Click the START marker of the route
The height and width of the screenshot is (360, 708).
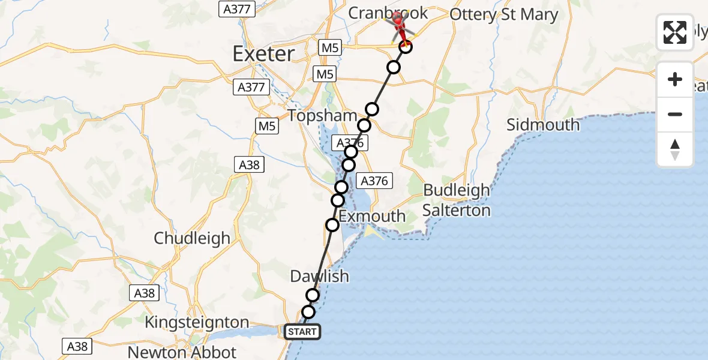[x=302, y=332]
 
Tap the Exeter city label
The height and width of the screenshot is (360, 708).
[x=263, y=54]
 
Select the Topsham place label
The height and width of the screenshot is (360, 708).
[x=315, y=115]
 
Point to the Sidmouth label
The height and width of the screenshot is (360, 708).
[x=543, y=125]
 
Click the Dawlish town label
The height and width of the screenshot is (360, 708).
[x=319, y=277]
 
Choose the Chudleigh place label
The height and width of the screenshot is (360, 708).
[x=192, y=238]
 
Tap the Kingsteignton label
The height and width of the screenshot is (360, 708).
[x=197, y=322]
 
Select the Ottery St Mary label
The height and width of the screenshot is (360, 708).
[x=503, y=14]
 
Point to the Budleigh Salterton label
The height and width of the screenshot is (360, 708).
[x=457, y=200]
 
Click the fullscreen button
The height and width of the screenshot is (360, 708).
[x=675, y=32]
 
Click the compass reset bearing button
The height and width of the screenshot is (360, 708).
[x=675, y=149]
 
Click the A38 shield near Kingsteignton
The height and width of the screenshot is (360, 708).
[x=144, y=293]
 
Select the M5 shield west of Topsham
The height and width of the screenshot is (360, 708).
[x=266, y=126]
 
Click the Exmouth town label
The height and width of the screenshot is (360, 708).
[x=372, y=216]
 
